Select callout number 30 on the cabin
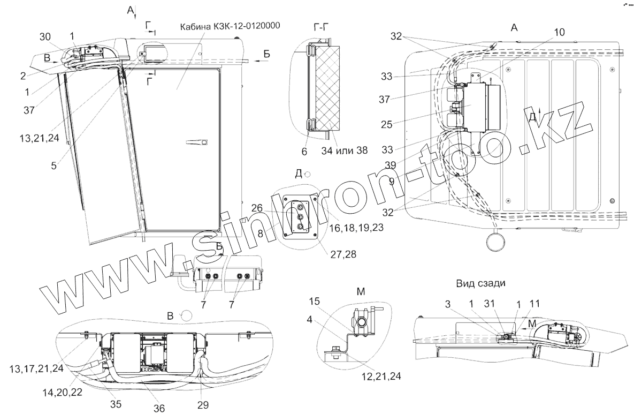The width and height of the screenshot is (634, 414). [x=47, y=36]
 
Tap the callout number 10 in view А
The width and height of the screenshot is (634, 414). [x=558, y=32]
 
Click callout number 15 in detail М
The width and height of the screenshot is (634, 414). [x=315, y=303]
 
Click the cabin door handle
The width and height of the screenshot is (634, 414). [x=196, y=142]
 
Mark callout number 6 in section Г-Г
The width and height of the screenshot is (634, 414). [x=304, y=152]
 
